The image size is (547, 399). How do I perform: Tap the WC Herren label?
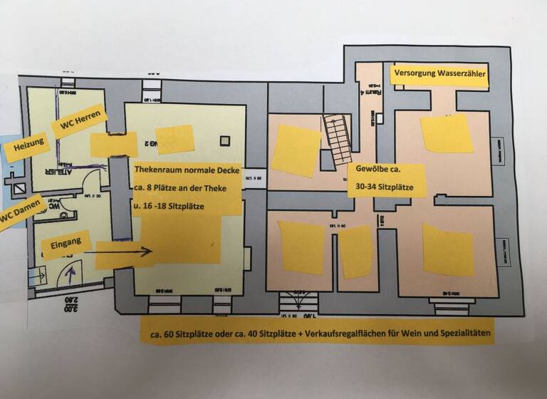(79, 124)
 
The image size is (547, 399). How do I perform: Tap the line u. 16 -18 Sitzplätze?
(179, 206)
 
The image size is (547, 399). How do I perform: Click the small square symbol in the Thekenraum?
(226, 140)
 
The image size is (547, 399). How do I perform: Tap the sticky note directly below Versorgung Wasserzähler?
(447, 133)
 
